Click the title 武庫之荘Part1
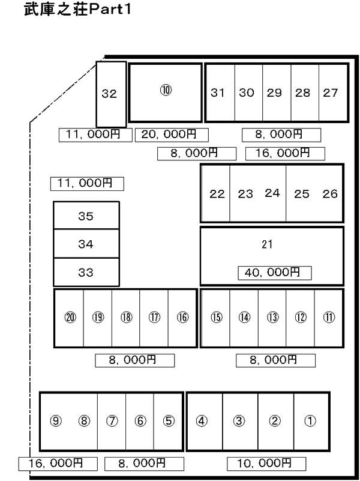click(77, 9)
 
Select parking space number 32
click(111, 94)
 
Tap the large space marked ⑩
click(166, 92)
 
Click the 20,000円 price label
click(172, 135)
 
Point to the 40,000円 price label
click(275, 273)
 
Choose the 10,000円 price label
click(266, 464)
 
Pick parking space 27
click(334, 92)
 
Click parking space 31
click(220, 92)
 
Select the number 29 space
click(277, 92)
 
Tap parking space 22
click(215, 193)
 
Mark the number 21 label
click(267, 244)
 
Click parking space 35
click(86, 216)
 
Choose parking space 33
click(86, 273)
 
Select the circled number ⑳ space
click(69, 318)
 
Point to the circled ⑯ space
click(182, 318)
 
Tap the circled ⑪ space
click(328, 318)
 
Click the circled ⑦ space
click(112, 421)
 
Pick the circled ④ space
click(205, 421)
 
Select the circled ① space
click(311, 421)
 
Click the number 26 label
click(329, 194)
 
